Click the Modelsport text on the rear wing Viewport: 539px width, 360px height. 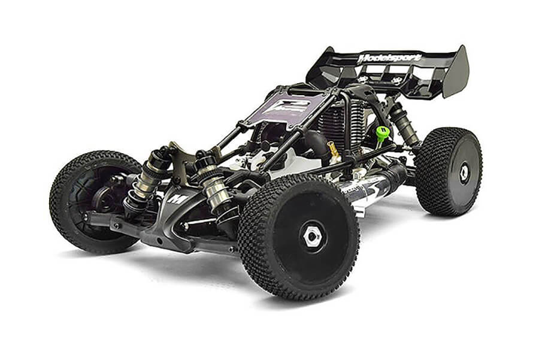pyautogui.click(x=390, y=58)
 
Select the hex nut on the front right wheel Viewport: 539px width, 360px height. pyautogui.click(x=313, y=237)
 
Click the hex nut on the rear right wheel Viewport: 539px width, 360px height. pyautogui.click(x=464, y=173)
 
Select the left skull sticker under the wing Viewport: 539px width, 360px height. pyautogui.click(x=363, y=78)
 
